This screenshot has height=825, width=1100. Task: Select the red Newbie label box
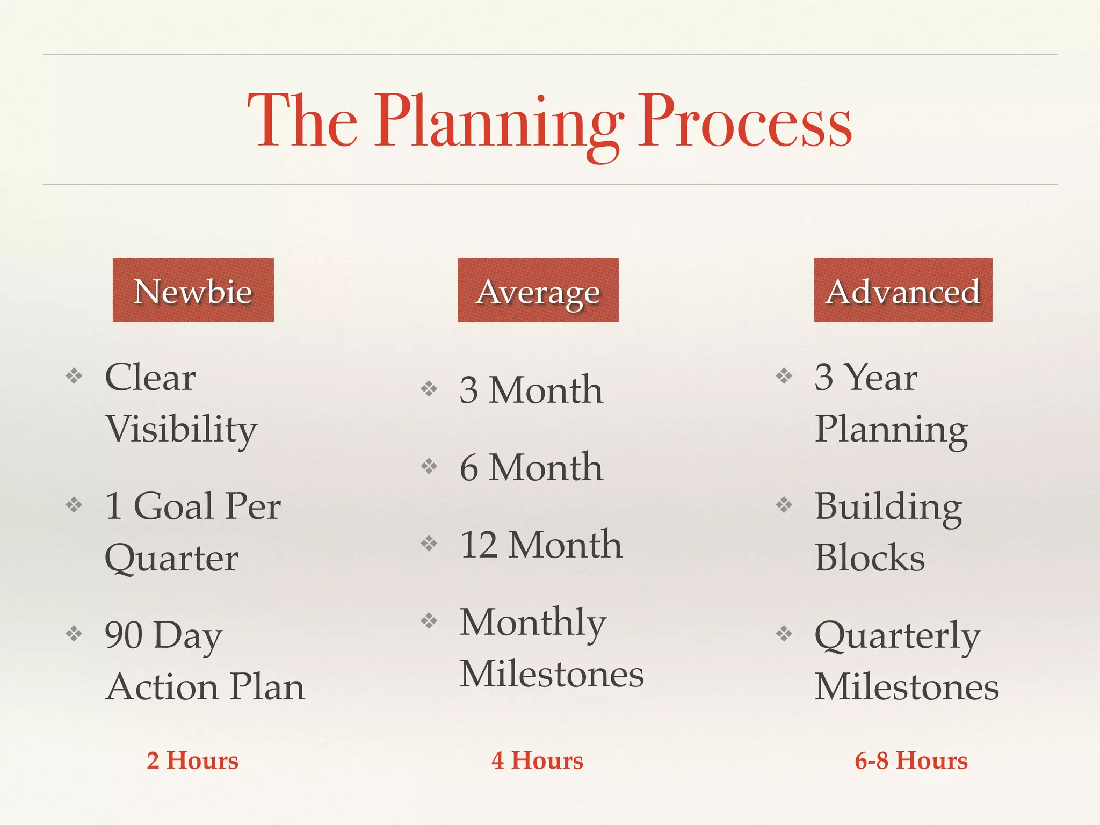click(x=193, y=290)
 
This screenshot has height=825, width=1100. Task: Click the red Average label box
click(x=538, y=290)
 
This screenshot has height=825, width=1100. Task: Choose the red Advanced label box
click(x=903, y=290)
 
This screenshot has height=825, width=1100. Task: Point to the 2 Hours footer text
click(x=192, y=761)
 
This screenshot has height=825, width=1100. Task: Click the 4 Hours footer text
click(x=537, y=761)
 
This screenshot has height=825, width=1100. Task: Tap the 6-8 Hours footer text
click(x=911, y=761)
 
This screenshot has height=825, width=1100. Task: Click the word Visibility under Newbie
click(x=181, y=430)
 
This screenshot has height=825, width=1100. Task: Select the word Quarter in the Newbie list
click(x=171, y=559)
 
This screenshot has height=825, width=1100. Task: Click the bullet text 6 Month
click(x=531, y=467)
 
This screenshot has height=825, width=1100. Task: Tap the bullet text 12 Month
click(x=541, y=544)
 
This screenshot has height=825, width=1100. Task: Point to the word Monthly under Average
click(x=533, y=623)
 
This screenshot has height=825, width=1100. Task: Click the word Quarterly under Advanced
click(x=897, y=636)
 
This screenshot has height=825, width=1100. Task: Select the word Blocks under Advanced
click(x=870, y=558)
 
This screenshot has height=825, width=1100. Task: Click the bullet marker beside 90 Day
click(x=74, y=634)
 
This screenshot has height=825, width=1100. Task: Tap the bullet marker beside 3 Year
click(x=784, y=375)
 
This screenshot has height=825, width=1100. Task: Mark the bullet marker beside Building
click(x=784, y=504)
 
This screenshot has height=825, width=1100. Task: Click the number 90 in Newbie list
click(x=124, y=635)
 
